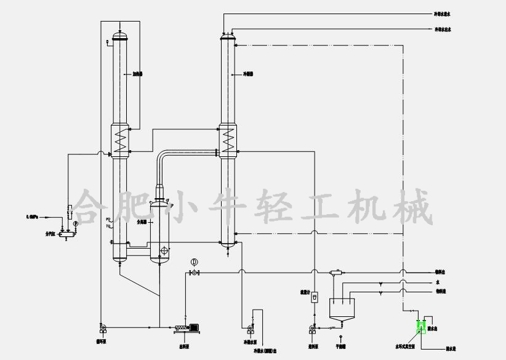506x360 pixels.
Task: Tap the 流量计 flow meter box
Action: (315, 297)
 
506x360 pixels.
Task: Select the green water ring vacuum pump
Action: (422, 327)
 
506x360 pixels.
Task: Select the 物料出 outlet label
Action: (442, 272)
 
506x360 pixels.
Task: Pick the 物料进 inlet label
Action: (442, 290)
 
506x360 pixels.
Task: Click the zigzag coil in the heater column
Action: (121, 141)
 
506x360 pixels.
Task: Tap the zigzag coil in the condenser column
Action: (229, 140)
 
